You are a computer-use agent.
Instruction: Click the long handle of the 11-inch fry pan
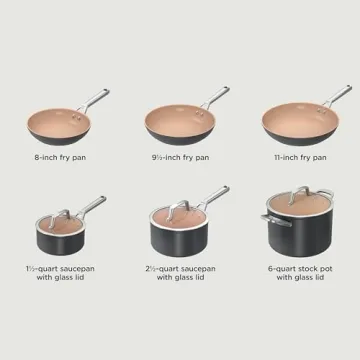coord(334,96)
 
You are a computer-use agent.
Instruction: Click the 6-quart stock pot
coord(297,230)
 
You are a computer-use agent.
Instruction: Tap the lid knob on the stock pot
coord(298,190)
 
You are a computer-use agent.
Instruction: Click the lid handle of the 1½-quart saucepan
coord(59,213)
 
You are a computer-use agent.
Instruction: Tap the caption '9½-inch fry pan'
coord(179,157)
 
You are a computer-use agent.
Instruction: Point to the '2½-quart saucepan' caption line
coord(179,268)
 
